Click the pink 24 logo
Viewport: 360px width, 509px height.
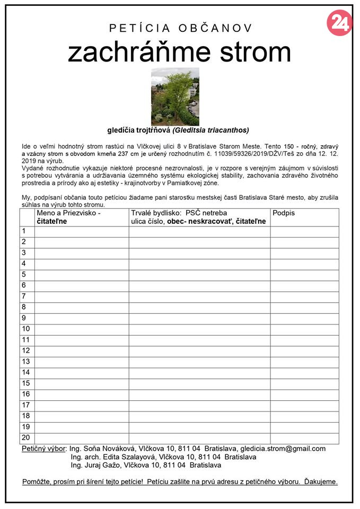(339, 23)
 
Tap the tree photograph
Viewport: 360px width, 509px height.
(175, 96)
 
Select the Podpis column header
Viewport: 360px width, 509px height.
(284, 213)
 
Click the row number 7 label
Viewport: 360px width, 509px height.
(24, 296)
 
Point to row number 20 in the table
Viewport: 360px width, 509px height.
(26, 437)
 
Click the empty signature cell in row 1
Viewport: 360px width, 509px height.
(304, 231)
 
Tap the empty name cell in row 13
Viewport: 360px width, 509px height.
(82, 362)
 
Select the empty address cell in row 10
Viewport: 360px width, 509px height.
(199, 329)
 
